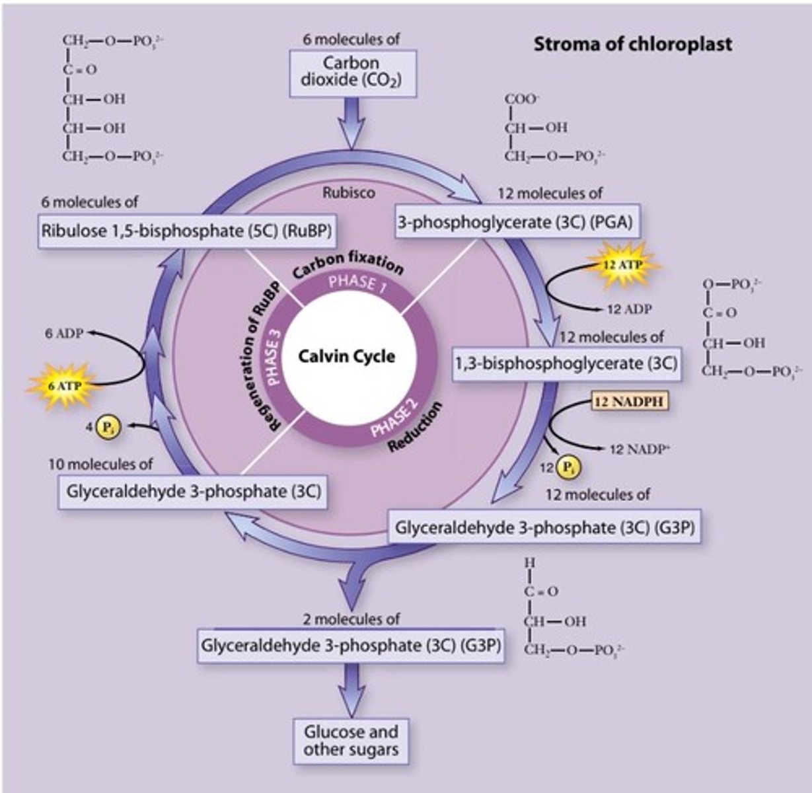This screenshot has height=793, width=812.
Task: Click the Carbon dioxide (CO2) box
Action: click(x=351, y=71)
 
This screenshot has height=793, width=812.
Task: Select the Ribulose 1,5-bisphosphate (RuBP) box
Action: click(x=186, y=231)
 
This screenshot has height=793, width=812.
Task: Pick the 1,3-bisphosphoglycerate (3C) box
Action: click(x=566, y=363)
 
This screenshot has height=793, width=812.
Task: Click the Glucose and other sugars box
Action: click(x=351, y=741)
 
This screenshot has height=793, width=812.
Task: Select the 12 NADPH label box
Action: click(x=630, y=401)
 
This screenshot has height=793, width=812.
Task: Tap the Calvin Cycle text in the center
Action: click(x=346, y=357)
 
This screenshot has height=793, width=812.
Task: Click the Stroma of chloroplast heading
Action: click(x=632, y=44)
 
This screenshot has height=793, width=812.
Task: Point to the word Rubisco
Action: click(x=348, y=193)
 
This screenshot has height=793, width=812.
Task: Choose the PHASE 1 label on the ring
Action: click(x=357, y=282)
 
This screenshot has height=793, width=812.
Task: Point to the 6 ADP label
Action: click(x=64, y=333)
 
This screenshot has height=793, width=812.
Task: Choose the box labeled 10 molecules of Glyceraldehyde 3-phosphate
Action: click(x=192, y=492)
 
